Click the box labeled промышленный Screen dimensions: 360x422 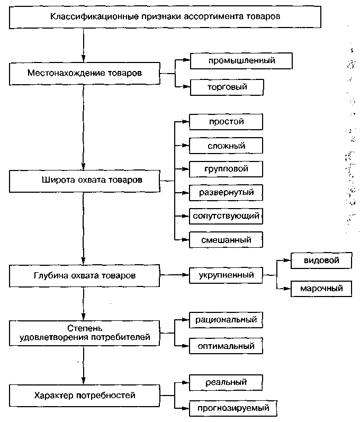(241, 61)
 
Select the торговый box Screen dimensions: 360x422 (227, 87)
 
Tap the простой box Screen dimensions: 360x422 (226, 122)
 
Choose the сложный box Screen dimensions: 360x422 (226, 146)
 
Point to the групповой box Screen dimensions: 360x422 (226, 169)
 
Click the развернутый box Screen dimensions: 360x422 (226, 193)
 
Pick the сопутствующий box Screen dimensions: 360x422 (226, 216)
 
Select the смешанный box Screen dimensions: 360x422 (226, 240)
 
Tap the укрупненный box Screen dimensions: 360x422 (226, 275)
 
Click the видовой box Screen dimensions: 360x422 (321, 261)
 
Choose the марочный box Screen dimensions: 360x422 (321, 289)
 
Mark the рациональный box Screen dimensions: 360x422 (226, 320)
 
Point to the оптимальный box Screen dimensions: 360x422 (226, 346)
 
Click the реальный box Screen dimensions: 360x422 (226, 382)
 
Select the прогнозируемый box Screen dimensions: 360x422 (233, 409)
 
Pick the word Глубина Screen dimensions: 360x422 (51, 275)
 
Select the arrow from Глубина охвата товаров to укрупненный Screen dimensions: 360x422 (174, 275)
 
